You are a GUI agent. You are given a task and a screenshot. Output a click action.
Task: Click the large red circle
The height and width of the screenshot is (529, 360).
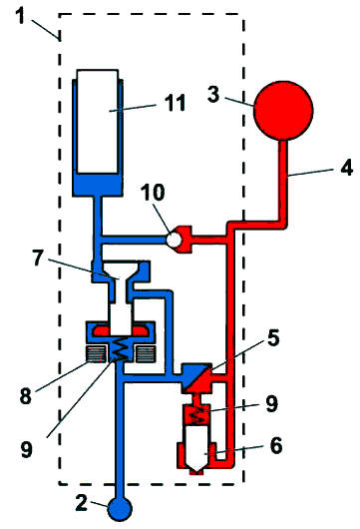coord(283,110)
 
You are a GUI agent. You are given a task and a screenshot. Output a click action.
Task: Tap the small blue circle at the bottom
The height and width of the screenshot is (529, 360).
coord(120,508)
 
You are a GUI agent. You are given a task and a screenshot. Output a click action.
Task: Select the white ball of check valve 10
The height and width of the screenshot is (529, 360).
coord(175,240)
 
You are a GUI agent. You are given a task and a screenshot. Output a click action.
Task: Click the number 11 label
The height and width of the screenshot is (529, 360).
coord(175,103)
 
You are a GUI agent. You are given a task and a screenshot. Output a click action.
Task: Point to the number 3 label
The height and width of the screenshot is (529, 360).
coord(213,94)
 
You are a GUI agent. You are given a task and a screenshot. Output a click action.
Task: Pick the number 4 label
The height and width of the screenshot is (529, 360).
coord(346,167)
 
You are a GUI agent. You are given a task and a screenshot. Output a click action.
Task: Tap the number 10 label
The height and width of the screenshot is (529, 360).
coord(153,193)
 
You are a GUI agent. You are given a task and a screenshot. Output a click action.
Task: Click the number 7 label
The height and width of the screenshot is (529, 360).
coord(38,259)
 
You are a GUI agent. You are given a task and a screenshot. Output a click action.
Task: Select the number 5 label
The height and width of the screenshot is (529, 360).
coord(273,338)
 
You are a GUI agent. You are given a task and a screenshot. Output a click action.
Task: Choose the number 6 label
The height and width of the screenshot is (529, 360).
coord(276,445)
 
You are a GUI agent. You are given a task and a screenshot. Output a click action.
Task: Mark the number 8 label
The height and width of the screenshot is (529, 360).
coord(26,395)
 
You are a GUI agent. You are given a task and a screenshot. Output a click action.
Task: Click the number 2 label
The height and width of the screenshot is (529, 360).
coord(81,503)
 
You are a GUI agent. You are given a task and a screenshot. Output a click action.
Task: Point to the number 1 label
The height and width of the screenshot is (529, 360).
coord(21,16)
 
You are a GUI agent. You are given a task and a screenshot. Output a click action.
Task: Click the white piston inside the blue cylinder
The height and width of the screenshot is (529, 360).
coord(98,122)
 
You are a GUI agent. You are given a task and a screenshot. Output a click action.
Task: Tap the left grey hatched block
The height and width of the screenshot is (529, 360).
coord(97,354)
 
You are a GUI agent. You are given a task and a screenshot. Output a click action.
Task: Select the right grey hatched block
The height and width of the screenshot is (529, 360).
coord(146,354)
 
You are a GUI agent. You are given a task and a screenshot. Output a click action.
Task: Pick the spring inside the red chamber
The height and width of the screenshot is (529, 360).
coord(196,415)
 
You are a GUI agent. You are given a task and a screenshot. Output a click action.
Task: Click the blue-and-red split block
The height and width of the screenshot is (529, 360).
coord(196,378)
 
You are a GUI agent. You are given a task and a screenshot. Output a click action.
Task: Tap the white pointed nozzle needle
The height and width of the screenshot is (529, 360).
coord(196,448)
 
